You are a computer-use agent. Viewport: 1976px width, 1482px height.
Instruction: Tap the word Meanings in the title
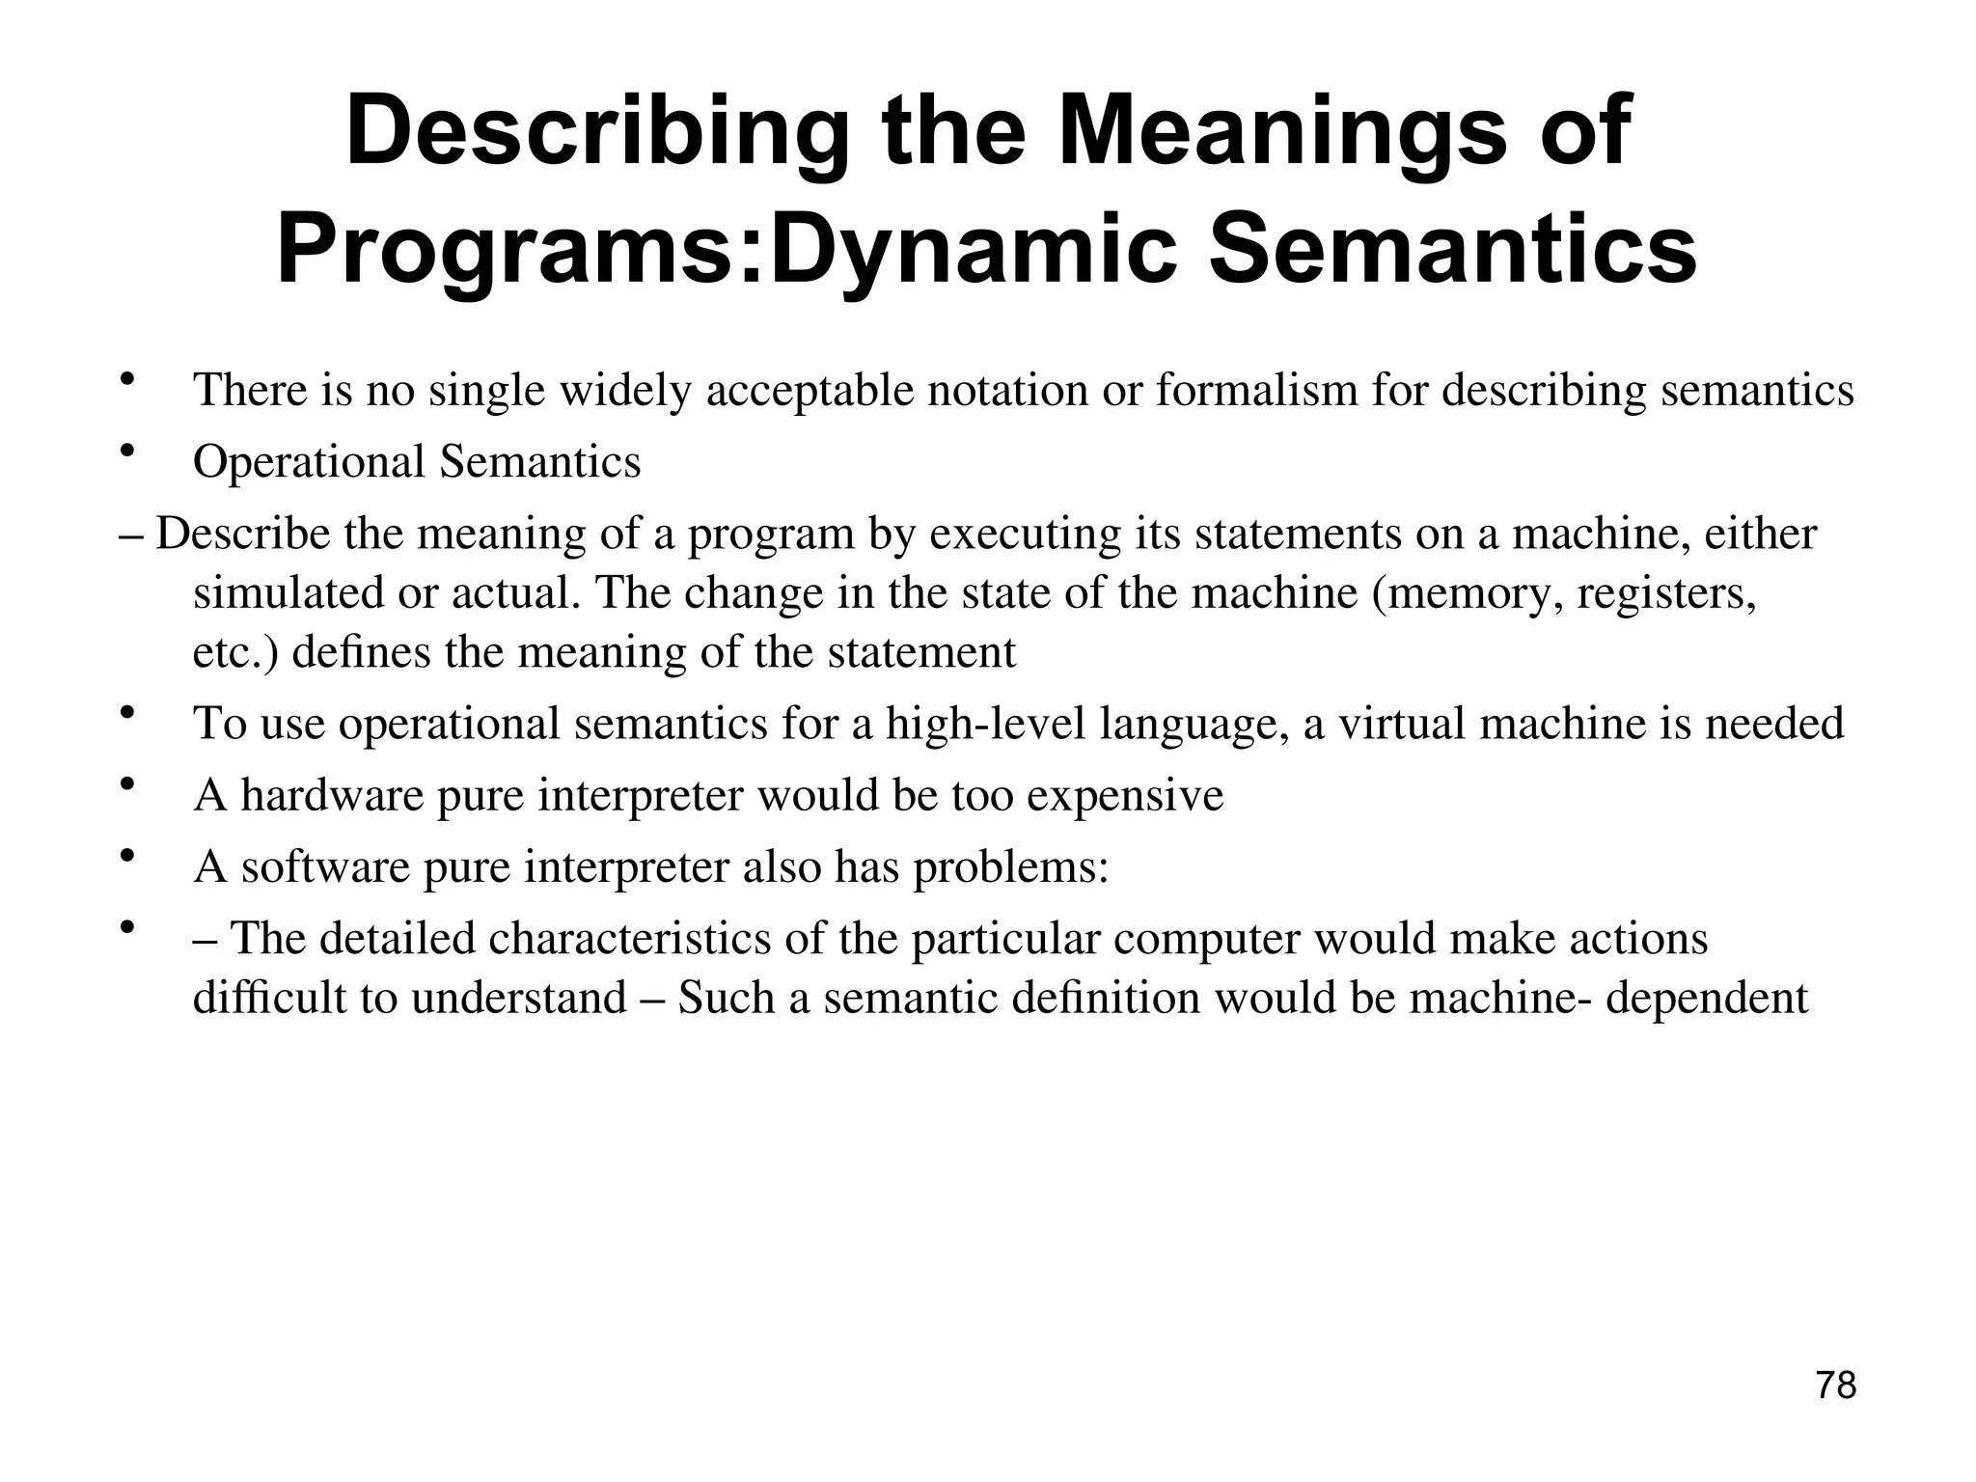point(1282,132)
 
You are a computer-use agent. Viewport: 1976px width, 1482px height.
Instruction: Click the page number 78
point(1835,1386)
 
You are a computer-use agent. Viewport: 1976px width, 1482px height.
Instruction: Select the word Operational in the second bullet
point(309,461)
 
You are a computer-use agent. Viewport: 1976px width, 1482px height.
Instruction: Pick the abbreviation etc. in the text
point(236,652)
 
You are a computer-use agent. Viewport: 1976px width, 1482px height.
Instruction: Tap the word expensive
point(1125,795)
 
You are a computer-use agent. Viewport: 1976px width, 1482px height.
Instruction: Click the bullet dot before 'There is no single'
point(126,380)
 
